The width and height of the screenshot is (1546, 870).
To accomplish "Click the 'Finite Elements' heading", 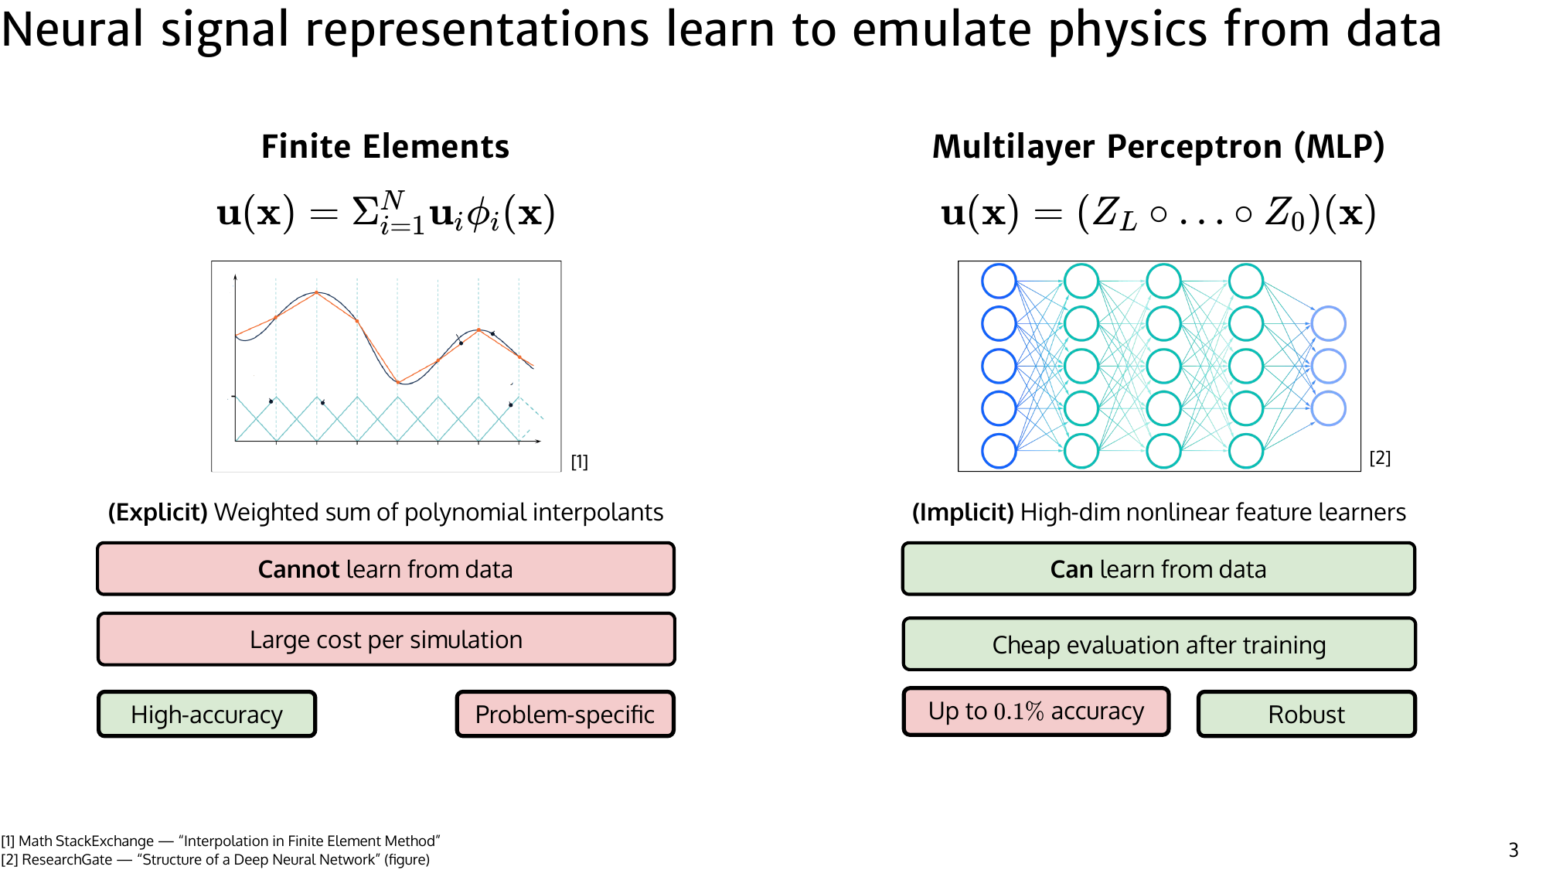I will tap(385, 147).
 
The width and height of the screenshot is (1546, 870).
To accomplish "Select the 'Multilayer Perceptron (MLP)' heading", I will tap(1158, 147).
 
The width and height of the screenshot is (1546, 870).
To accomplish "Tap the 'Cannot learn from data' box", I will tap(385, 569).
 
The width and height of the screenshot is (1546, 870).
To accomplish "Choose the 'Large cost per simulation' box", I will tap(385, 640).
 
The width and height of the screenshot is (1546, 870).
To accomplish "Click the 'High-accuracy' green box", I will tap(206, 714).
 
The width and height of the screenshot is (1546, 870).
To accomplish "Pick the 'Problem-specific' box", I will tap(564, 714).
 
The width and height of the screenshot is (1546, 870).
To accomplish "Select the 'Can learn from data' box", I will tap(1158, 569).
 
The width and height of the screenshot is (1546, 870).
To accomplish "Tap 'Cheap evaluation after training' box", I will tap(1158, 644).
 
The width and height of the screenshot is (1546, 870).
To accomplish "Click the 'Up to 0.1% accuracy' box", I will tap(1036, 711).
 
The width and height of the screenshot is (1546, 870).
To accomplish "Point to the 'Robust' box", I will tap(1306, 714).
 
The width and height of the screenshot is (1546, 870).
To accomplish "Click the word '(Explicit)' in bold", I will tap(158, 513).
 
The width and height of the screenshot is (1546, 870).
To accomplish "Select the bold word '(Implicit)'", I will tap(962, 513).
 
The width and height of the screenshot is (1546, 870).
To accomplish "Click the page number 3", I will tap(1513, 850).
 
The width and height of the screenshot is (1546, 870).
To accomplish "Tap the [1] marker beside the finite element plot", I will tap(579, 462).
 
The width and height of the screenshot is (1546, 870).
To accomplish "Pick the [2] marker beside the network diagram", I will tap(1380, 458).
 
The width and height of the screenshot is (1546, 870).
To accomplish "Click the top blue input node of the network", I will tap(999, 281).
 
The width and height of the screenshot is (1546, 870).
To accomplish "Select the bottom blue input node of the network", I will tap(999, 451).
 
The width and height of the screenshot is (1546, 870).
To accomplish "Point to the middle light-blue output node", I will tap(1328, 366).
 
